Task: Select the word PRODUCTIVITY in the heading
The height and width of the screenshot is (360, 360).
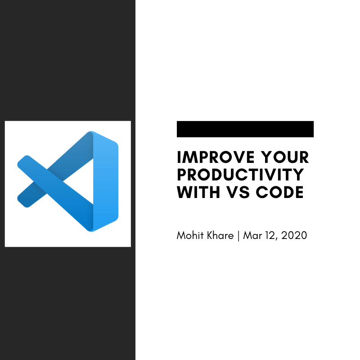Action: click(x=240, y=175)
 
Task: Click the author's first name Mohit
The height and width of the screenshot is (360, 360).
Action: click(x=189, y=235)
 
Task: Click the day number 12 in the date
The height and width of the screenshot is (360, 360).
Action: click(x=269, y=235)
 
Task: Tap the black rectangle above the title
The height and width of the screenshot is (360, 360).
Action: click(x=245, y=129)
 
